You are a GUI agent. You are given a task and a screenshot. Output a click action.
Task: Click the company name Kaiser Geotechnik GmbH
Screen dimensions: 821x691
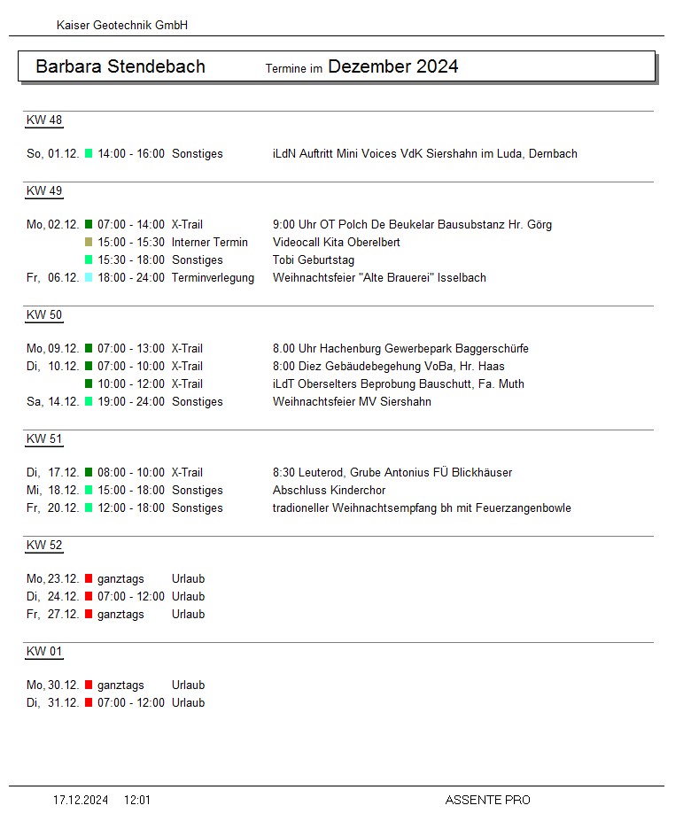122,26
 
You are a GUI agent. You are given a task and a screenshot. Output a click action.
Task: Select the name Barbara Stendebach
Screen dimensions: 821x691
120,66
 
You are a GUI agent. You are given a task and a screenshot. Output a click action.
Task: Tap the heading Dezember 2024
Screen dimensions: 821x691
392,66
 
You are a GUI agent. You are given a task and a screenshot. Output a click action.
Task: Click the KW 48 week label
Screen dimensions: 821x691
44,120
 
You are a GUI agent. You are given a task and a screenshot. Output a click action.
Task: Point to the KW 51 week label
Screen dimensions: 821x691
44,439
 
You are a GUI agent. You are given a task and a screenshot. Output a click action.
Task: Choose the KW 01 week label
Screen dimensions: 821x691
44,652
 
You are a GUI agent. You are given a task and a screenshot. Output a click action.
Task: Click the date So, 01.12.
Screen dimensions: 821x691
52,154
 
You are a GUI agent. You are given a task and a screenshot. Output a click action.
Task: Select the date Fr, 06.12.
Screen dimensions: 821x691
52,278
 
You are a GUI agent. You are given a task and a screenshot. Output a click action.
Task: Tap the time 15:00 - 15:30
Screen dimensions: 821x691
131,243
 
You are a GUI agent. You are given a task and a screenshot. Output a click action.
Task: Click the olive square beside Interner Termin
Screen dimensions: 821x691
89,243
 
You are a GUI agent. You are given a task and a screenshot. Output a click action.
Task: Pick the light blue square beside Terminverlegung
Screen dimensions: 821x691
89,278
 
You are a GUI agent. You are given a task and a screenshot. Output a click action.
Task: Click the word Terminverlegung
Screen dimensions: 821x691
213,278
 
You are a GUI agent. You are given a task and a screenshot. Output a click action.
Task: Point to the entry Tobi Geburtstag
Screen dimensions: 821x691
314,260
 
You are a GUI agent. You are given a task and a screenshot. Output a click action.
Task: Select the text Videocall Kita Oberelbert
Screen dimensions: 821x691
337,243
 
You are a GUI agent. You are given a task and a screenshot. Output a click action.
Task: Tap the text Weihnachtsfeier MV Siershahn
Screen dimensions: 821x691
353,402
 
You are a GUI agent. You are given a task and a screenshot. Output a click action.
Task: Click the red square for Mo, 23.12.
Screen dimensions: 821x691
89,579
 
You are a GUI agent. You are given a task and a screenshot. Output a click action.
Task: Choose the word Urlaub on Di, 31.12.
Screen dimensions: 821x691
188,703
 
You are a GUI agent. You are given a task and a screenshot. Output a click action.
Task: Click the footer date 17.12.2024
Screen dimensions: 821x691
81,801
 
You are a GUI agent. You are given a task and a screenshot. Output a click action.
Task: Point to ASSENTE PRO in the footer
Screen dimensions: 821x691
487,801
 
